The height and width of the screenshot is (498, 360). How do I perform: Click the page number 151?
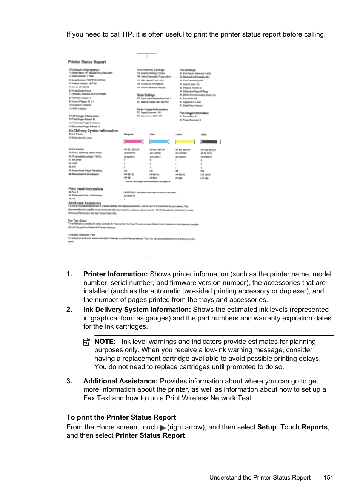pos(328,477)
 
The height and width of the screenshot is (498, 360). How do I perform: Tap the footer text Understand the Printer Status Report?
pos(260,477)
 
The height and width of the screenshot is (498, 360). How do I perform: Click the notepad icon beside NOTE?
pos(87,342)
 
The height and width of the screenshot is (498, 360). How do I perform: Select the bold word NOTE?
pos(105,342)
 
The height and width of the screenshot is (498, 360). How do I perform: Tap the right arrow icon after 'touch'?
pos(163,428)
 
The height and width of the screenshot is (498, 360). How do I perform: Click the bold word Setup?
pos(266,427)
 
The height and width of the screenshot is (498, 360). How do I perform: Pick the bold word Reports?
pos(314,427)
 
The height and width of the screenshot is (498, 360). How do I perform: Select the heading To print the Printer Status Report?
pos(121,417)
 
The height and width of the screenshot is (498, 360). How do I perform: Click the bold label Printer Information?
pos(115,274)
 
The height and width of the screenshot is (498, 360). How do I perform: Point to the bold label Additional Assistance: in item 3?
pos(120,381)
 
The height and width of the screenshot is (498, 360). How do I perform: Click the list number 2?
pos(69,310)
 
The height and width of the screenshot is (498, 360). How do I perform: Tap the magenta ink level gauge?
pos(133,142)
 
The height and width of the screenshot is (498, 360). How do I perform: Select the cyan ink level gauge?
pos(159,142)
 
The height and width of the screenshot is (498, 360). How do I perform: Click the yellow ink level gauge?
pos(185,142)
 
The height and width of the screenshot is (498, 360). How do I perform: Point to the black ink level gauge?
pos(210,142)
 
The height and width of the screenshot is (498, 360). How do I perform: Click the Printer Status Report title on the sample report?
pos(87,62)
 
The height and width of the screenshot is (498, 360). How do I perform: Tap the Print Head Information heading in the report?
pos(86,189)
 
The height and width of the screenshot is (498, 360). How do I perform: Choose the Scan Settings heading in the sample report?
pos(146,95)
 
